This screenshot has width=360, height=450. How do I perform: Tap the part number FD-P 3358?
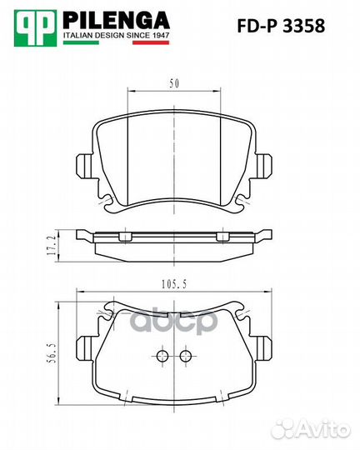(x=284, y=25)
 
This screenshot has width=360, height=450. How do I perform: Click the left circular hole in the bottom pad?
(x=162, y=357)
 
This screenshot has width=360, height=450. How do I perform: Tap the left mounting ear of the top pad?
(x=83, y=166)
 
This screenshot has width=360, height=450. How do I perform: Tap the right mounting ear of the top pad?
(x=263, y=166)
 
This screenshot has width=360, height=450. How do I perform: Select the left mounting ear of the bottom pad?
(x=83, y=349)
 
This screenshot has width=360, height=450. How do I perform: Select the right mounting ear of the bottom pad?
(x=263, y=349)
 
